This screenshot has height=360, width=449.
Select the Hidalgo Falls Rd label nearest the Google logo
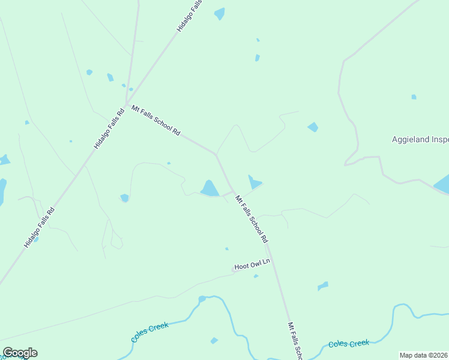40,227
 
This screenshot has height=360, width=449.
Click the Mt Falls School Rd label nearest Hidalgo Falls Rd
155,121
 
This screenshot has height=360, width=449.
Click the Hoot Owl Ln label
252,265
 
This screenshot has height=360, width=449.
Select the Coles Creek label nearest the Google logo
149,332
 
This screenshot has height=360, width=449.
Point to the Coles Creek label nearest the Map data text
348,344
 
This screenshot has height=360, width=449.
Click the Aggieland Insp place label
420,139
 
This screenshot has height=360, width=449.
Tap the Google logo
20,353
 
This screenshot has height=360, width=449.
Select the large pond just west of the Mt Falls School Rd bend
209,188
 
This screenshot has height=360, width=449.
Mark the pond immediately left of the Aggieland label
313,127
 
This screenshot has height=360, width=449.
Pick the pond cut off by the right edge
442,184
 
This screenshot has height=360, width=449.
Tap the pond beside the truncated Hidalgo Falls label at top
220,13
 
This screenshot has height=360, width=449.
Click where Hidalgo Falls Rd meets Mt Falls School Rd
127,104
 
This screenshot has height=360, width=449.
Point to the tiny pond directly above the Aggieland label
414,97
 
